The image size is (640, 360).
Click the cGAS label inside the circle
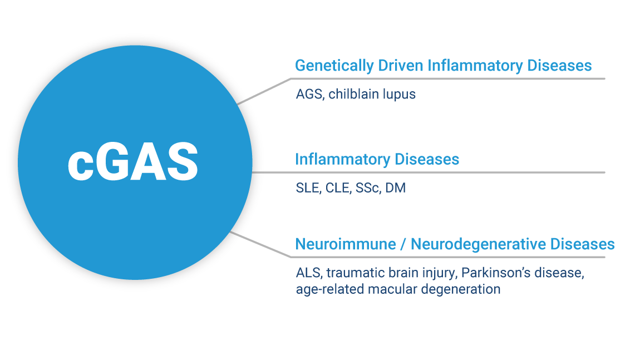(133, 162)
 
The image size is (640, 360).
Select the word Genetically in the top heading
(334, 66)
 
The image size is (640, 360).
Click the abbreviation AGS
(310, 94)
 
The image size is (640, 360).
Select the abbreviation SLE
(308, 188)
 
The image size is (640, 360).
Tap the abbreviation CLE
(338, 188)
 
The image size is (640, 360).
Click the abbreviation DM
(396, 188)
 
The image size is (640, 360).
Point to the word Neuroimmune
(345, 244)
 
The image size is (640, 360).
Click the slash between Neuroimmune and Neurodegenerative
(403, 244)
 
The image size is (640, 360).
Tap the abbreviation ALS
(309, 273)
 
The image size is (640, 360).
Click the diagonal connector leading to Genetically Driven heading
(264, 91)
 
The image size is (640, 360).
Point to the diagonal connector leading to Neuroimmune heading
(260, 244)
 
